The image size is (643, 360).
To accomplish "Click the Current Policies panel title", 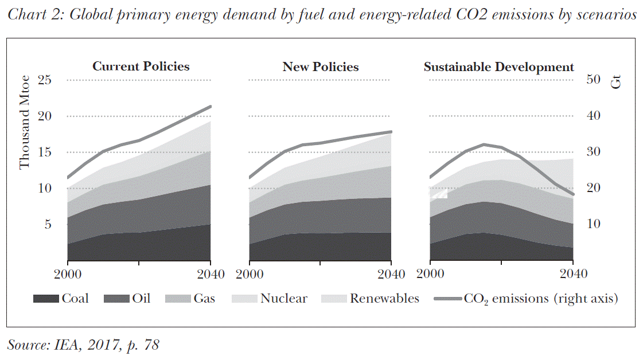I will pyautogui.click(x=141, y=66).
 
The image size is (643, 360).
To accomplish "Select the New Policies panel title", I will pyautogui.click(x=320, y=66).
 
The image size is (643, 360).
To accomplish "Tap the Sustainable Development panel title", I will pyautogui.click(x=498, y=66).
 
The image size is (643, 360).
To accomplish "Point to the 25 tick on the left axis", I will pyautogui.click(x=44, y=80).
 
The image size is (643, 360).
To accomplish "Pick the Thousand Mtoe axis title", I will pyautogui.click(x=24, y=123).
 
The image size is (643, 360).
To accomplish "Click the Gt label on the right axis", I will pyautogui.click(x=616, y=81).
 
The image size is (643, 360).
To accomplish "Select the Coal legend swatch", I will pyautogui.click(x=46, y=299).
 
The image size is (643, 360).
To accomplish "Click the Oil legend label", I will pyautogui.click(x=141, y=299).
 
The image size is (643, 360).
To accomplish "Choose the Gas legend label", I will pyautogui.click(x=204, y=299).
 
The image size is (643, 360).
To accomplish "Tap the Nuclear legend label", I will pyautogui.click(x=284, y=299).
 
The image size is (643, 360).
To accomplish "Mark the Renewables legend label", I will pyautogui.click(x=384, y=299).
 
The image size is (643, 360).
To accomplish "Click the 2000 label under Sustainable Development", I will pyautogui.click(x=431, y=273).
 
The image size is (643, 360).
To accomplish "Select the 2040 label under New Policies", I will pyautogui.click(x=391, y=273).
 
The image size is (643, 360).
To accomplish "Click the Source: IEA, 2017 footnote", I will pyautogui.click(x=83, y=345).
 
